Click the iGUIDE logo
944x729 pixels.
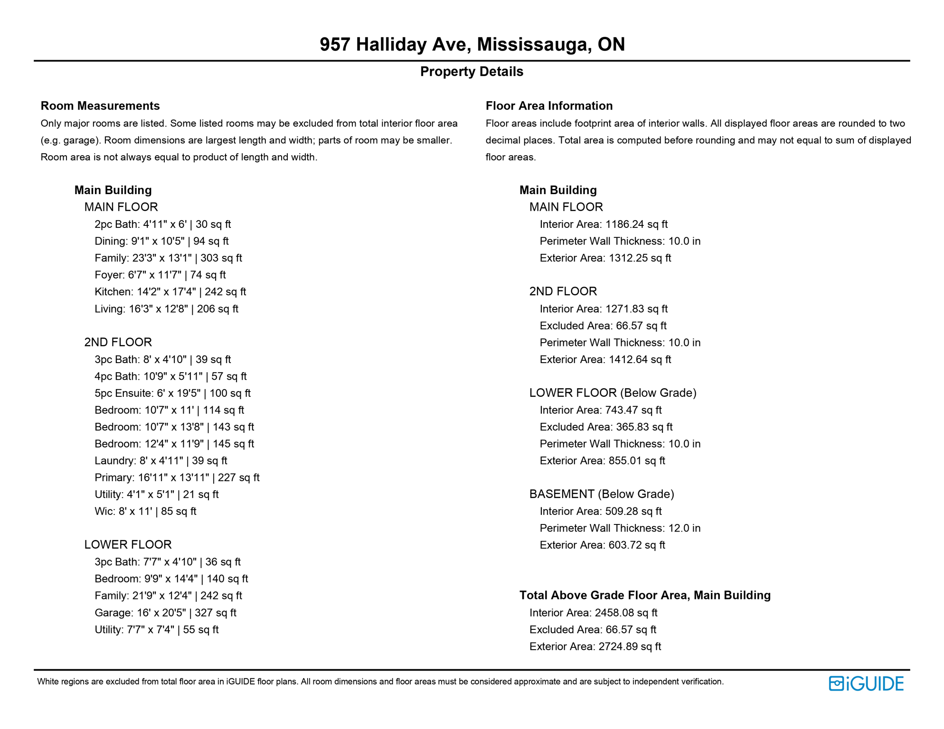(866, 683)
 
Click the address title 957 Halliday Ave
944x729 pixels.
(472, 45)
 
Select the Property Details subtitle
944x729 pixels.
(472, 72)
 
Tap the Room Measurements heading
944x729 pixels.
(100, 106)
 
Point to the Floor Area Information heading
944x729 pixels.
(549, 106)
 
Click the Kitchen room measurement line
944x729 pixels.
(170, 292)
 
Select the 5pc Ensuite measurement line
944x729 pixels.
(172, 393)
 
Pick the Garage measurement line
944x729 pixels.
(165, 613)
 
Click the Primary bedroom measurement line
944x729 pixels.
(177, 477)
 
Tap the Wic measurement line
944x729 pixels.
(145, 511)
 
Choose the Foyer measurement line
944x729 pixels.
(160, 275)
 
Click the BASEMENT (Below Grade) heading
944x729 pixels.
(602, 494)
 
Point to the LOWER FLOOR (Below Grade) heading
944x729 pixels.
(613, 393)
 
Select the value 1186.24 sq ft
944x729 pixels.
(636, 224)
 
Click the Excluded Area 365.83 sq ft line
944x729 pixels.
(606, 427)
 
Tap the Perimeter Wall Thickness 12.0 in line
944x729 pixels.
(620, 528)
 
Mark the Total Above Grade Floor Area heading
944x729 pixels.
(645, 595)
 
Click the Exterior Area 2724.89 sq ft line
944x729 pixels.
(595, 646)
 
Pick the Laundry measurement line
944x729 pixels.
(160, 460)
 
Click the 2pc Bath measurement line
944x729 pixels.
(162, 224)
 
